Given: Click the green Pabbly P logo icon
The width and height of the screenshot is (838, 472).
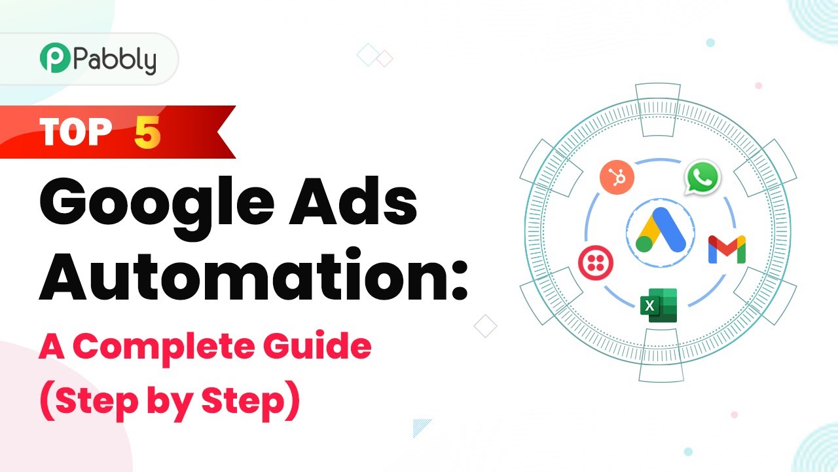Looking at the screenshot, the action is click(x=55, y=58).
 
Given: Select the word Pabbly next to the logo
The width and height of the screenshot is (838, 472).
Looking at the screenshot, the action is click(x=115, y=60).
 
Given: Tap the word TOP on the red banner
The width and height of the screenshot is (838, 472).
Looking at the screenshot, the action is click(x=75, y=132).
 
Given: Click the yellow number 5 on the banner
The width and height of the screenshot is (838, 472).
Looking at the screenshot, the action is click(x=147, y=132).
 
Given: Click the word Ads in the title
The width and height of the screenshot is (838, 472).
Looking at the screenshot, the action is click(x=353, y=201).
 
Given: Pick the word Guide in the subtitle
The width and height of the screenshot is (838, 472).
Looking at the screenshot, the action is click(x=318, y=345).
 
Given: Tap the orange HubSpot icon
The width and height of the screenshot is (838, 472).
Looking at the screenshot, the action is click(x=617, y=177).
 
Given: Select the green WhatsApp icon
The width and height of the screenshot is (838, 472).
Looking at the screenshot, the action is click(x=702, y=178).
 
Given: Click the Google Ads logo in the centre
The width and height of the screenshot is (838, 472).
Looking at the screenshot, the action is click(x=661, y=229).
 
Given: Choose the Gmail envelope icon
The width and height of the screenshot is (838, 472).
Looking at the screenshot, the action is click(x=727, y=250).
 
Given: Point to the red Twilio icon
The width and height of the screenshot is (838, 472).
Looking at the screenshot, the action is click(x=596, y=263).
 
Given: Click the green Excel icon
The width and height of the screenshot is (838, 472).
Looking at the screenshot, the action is click(x=659, y=305).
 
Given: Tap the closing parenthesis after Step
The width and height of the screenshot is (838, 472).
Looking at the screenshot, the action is click(x=293, y=401).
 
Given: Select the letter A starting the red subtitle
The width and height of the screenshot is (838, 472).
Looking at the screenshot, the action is click(x=52, y=346).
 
